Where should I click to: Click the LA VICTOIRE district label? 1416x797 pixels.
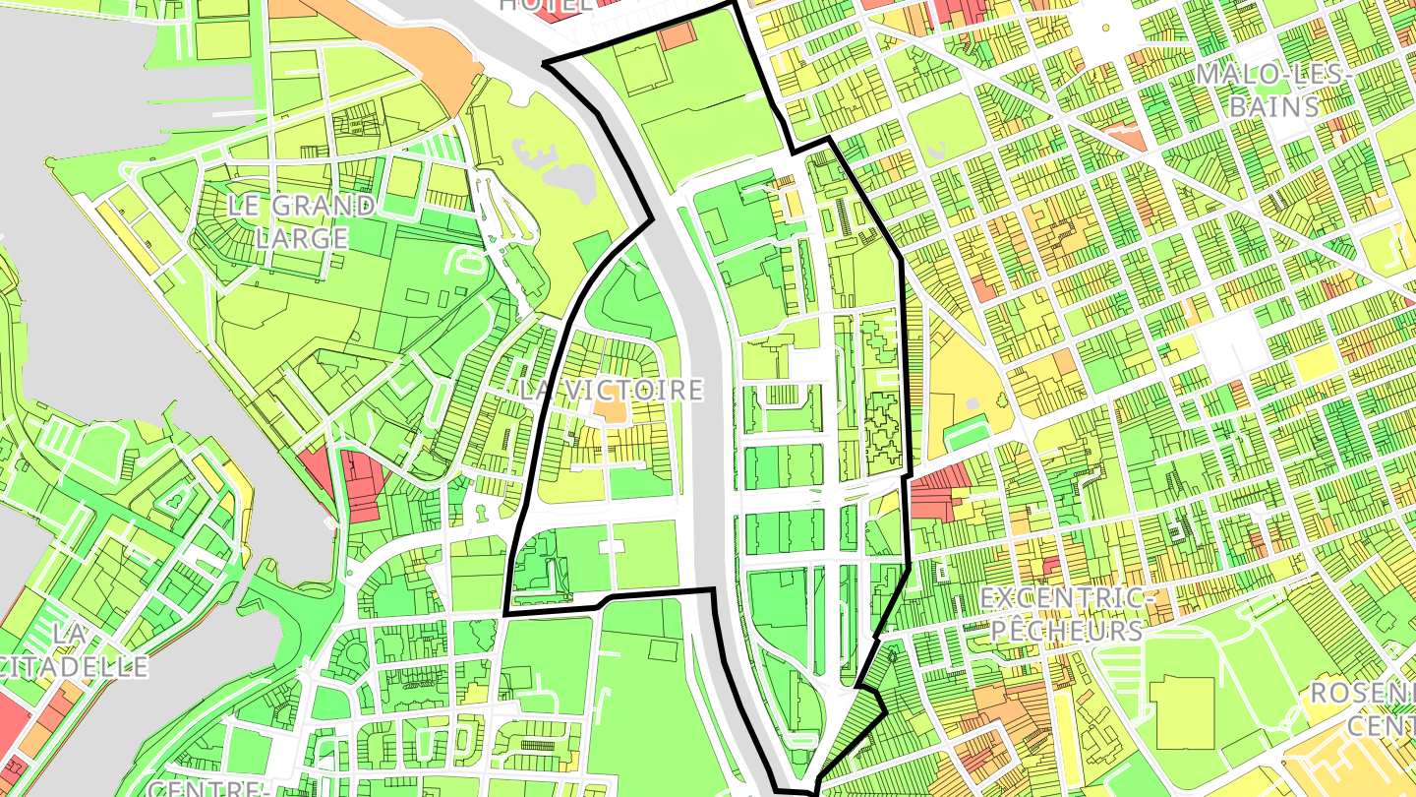click(612, 390)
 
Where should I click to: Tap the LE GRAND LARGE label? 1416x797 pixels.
click(301, 221)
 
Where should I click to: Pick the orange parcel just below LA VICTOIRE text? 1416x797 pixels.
click(610, 410)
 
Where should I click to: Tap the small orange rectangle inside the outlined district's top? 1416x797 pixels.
click(676, 35)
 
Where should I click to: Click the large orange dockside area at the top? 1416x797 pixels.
click(433, 49)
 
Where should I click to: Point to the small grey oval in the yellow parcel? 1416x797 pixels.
click(973, 403)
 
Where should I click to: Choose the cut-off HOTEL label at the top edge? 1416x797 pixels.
click(547, 4)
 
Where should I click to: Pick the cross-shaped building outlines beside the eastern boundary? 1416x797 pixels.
click(882, 429)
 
